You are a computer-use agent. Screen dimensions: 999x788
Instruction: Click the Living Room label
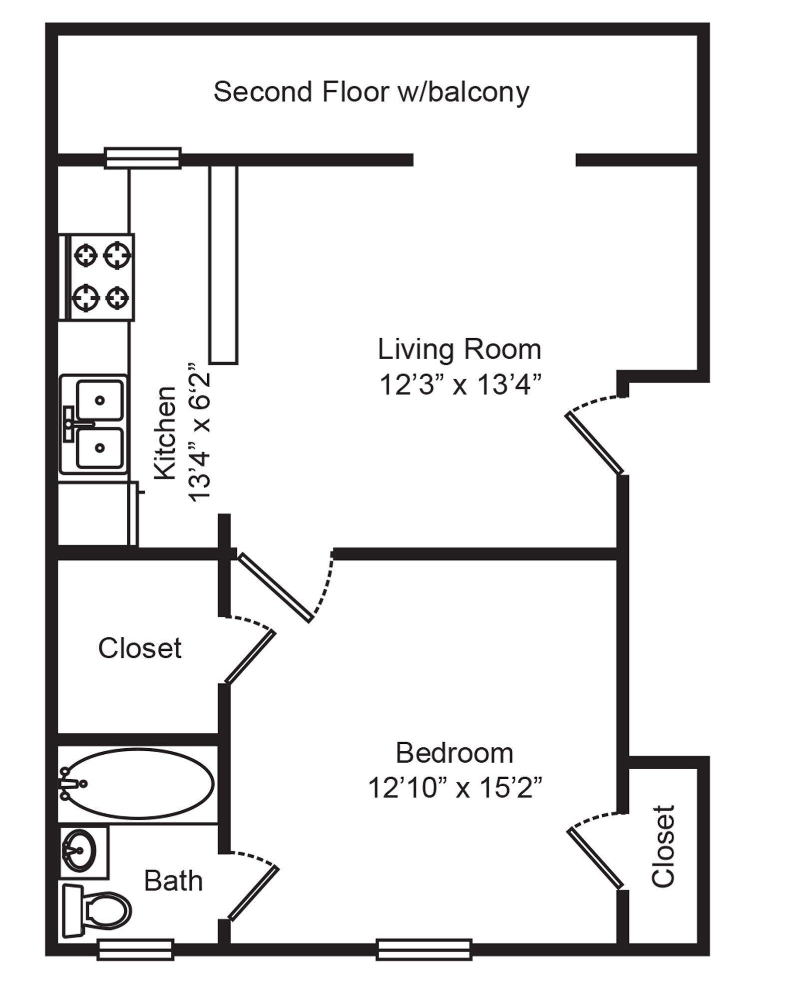(459, 349)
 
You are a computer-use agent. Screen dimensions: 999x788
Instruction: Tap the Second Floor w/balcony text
(371, 92)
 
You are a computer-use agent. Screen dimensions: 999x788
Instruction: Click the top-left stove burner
(85, 255)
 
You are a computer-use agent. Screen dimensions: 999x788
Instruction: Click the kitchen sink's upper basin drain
(100, 400)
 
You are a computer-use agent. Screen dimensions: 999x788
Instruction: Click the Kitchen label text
(165, 433)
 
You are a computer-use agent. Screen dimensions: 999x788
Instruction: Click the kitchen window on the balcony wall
(142, 158)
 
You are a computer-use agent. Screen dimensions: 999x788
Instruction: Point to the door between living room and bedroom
(275, 587)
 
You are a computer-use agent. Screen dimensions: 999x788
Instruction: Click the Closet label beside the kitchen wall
(139, 648)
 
